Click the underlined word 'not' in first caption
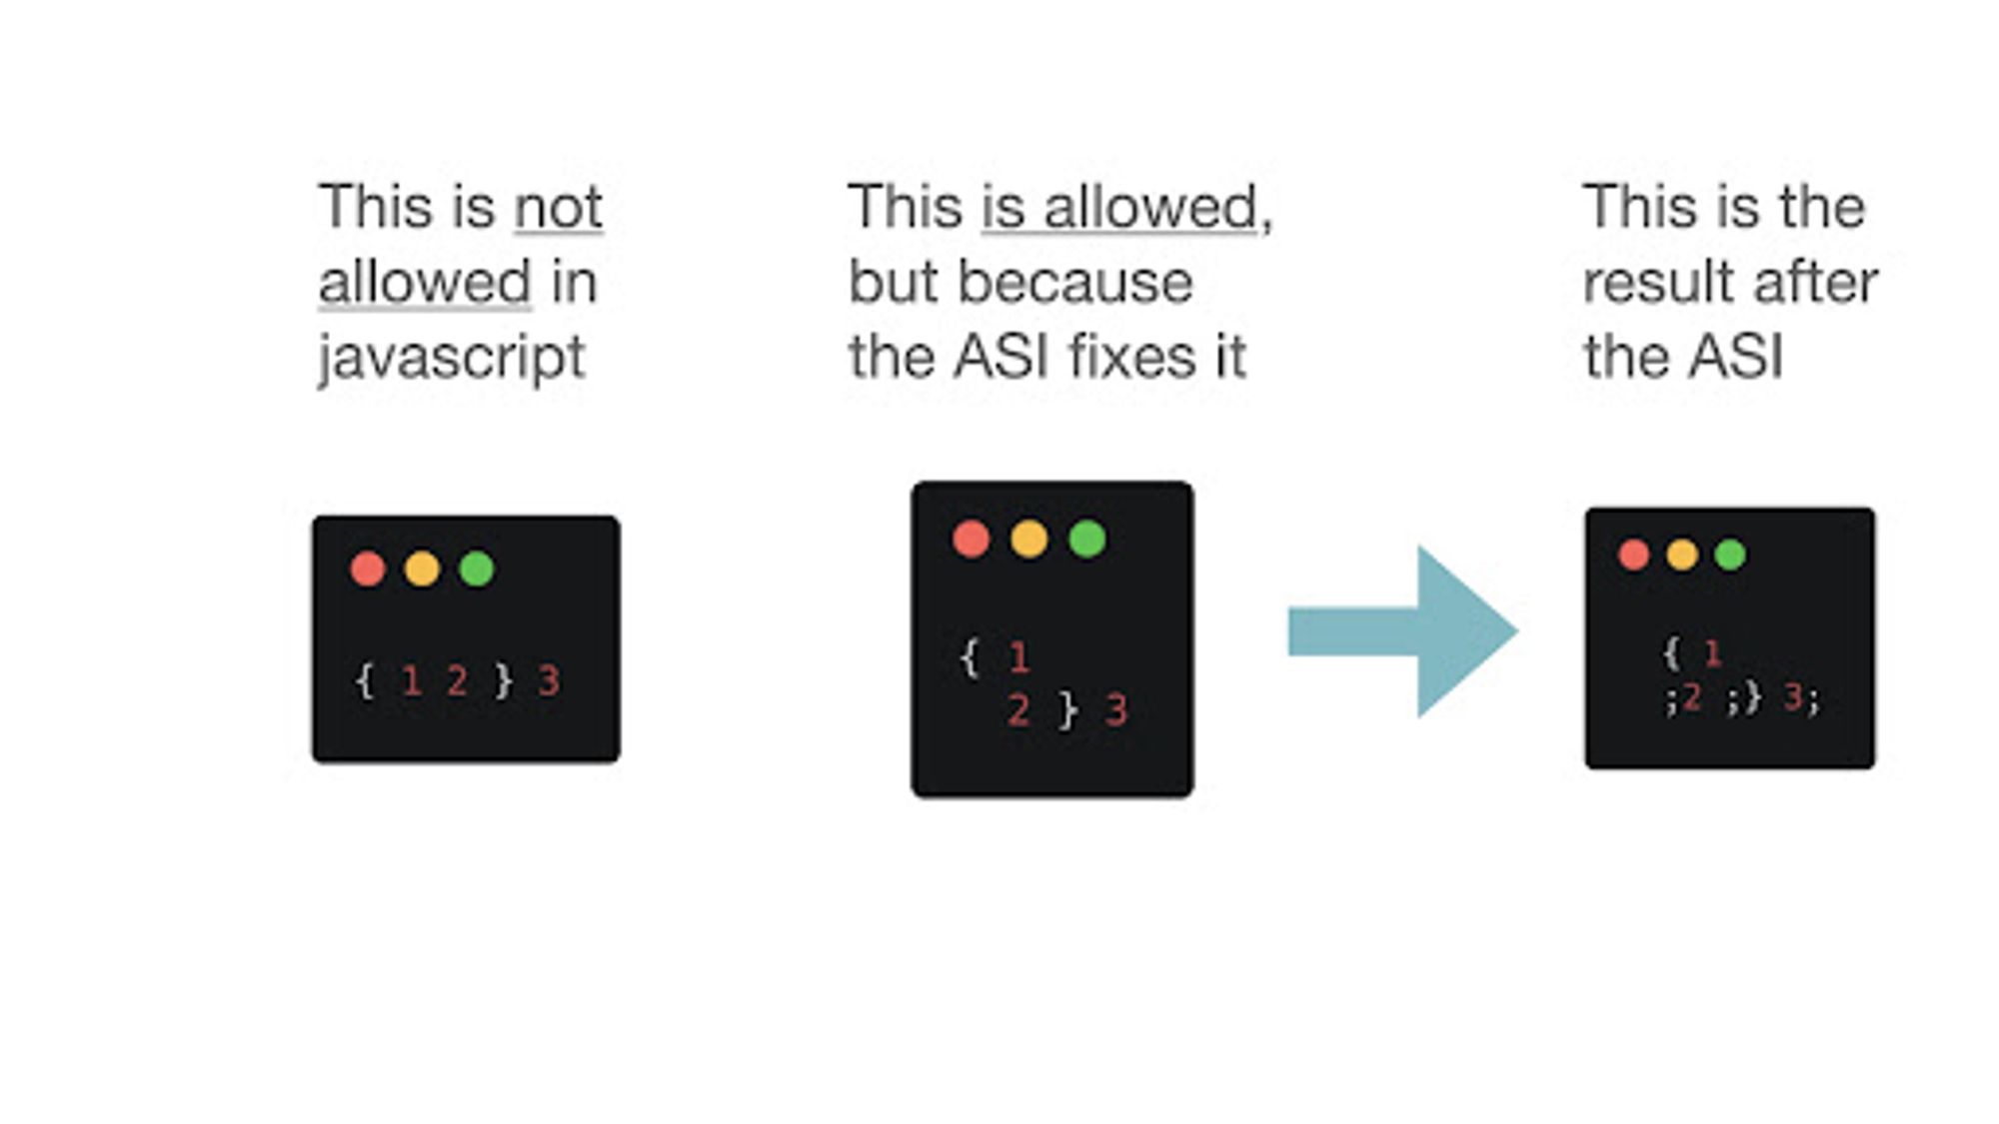[x=558, y=208]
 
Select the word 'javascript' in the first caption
[x=451, y=358]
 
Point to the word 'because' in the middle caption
[x=1074, y=282]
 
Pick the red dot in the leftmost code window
[x=368, y=568]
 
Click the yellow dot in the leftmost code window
[x=422, y=568]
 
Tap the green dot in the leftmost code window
[x=477, y=568]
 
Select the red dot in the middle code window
[x=971, y=539]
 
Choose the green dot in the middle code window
[x=1087, y=539]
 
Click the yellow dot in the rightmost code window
[x=1682, y=554]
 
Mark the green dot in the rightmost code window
[x=1730, y=554]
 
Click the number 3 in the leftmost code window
[x=549, y=681]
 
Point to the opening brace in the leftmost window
[x=365, y=681]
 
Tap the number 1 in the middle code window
[x=1018, y=658]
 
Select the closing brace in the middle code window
[x=1068, y=710]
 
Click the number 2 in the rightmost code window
[x=1691, y=697]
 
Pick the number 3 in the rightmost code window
[x=1793, y=697]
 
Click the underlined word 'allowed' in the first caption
[x=425, y=282]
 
